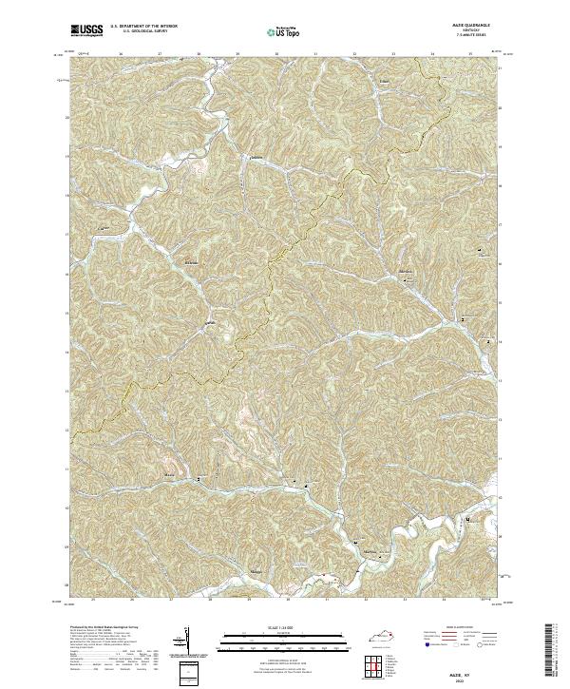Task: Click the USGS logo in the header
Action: [87, 30]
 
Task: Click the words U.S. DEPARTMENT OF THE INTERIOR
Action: [143, 27]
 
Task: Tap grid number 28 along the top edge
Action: [198, 54]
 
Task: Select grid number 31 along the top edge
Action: [314, 54]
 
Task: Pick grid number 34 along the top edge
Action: [431, 54]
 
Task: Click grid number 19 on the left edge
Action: [66, 156]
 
